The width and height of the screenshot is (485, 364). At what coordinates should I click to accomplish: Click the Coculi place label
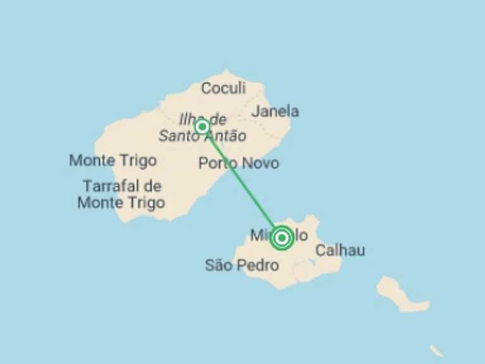(223, 88)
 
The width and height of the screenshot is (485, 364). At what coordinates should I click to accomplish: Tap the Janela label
(275, 112)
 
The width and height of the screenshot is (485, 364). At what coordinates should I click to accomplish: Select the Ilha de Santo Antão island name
(202, 128)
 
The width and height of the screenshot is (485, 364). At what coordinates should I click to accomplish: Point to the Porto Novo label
(238, 163)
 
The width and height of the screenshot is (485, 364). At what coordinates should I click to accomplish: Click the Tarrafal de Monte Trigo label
(121, 194)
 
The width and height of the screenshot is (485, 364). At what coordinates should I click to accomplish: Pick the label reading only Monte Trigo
(112, 161)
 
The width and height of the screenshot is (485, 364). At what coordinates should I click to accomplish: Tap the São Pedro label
(241, 265)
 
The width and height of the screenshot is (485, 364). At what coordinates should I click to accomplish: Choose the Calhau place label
(340, 250)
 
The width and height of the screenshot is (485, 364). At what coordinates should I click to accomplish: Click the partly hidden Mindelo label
(260, 236)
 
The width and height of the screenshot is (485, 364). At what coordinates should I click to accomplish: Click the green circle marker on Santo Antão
(202, 127)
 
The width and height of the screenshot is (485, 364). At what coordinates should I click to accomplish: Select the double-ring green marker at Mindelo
(282, 238)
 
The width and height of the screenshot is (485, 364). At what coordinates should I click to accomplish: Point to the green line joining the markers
(241, 181)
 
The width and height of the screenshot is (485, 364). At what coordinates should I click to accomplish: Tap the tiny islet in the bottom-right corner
(436, 350)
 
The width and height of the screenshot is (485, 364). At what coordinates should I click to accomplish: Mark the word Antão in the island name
(225, 136)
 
